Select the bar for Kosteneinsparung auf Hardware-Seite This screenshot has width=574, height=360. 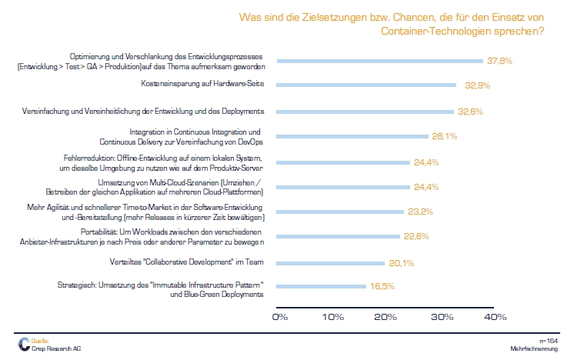click(366, 85)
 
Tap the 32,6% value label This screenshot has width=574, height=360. click(470, 111)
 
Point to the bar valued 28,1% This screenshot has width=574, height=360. click(352, 136)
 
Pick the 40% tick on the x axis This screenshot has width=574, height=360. click(495, 317)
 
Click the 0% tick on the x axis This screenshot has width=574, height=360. click(279, 317)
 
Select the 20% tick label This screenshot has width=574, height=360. click(386, 317)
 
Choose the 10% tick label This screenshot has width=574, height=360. click(332, 317)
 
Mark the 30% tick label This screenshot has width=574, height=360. click(442, 317)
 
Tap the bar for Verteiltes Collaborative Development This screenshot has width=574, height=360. click(330, 263)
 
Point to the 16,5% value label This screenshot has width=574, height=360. click(383, 286)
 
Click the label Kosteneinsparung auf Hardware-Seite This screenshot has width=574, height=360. click(204, 84)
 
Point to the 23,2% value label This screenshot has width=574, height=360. click(420, 211)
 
